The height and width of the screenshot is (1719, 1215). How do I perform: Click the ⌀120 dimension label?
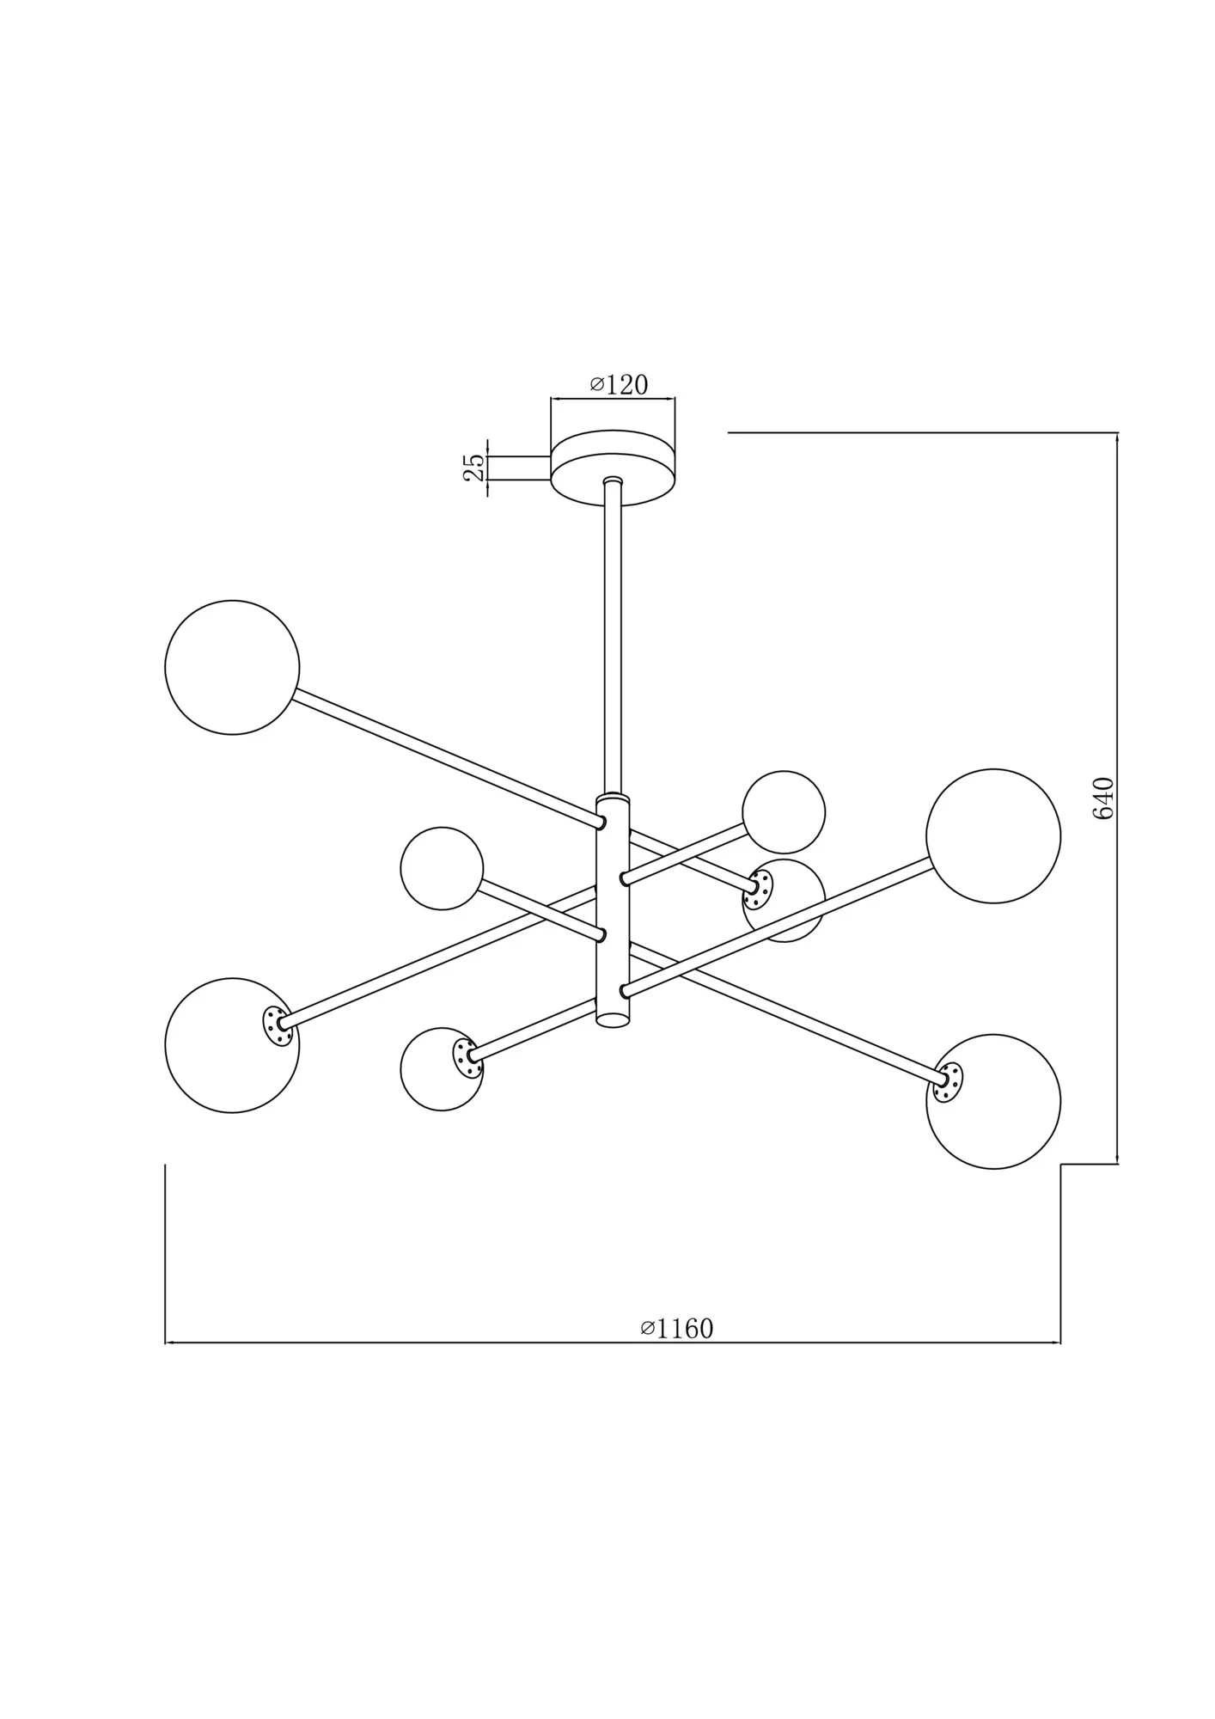coord(619,384)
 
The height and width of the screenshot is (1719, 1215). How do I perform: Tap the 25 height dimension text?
coord(474,467)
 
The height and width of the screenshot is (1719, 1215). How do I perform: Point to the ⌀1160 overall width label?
coord(677,1328)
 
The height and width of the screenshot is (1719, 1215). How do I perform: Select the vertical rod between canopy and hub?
coord(612,636)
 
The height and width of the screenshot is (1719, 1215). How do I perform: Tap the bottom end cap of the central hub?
coord(613,1020)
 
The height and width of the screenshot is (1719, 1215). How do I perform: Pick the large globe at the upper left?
coord(232,667)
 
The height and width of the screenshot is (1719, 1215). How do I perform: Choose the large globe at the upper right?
coord(993,835)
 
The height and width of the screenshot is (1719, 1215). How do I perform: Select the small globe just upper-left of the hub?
coord(442,868)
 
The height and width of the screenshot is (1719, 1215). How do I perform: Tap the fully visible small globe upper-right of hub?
coord(784,812)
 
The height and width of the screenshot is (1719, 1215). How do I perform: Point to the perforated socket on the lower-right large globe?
coord(949,1082)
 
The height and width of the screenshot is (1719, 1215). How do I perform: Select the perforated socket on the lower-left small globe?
coord(467,1057)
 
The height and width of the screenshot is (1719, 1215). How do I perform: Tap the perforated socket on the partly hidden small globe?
coord(757,889)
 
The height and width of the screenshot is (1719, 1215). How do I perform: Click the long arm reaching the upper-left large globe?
coord(447,757)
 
